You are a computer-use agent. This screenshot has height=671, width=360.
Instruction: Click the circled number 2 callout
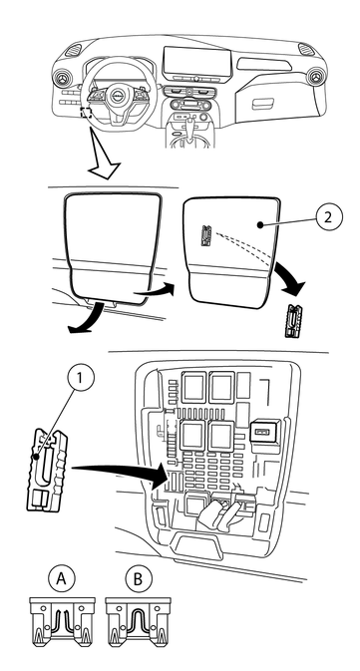click(329, 217)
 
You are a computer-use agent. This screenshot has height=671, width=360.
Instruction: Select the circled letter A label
click(61, 579)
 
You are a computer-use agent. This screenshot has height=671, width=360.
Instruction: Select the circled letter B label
click(138, 579)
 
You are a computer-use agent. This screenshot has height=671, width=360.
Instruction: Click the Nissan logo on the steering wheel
click(117, 96)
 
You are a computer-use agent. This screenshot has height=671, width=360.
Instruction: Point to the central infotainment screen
click(197, 64)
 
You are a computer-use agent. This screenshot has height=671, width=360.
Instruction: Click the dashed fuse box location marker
click(86, 113)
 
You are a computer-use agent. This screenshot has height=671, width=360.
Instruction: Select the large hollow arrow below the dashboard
click(104, 157)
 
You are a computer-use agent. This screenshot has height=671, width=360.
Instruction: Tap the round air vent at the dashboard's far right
click(318, 77)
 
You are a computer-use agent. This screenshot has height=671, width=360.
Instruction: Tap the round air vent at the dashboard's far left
click(63, 79)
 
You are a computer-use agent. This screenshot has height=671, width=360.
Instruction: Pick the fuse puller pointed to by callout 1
click(47, 470)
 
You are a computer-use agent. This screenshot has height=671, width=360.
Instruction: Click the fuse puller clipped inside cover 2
click(205, 236)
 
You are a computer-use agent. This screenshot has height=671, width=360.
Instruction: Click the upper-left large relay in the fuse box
click(194, 387)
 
